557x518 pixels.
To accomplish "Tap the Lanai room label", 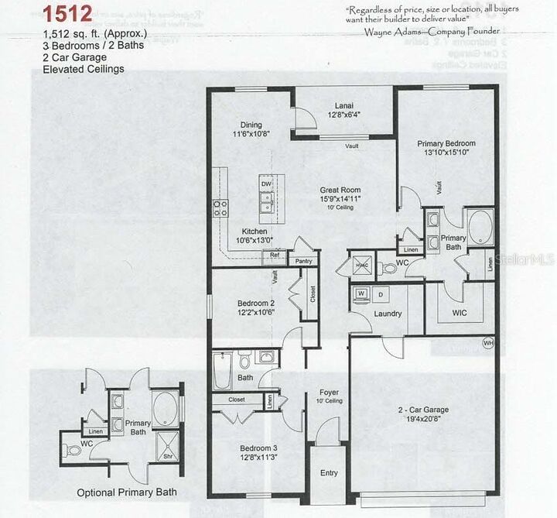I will pos(344,105).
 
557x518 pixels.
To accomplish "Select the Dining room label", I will pos(251,125).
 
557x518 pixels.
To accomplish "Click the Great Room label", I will pos(341,190).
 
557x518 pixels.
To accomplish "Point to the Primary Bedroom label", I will pos(446,144).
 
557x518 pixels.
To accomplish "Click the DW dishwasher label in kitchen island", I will pos(265,184).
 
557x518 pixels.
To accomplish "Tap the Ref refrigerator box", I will pos(275,254).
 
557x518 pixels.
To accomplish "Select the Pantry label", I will pos(304,262).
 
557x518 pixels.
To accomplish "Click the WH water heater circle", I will pos(487,341).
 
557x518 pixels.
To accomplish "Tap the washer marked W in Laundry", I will pos(361,295).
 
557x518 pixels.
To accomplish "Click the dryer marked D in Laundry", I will pos(380,295).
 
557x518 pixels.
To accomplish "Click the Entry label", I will pos(329,473).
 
